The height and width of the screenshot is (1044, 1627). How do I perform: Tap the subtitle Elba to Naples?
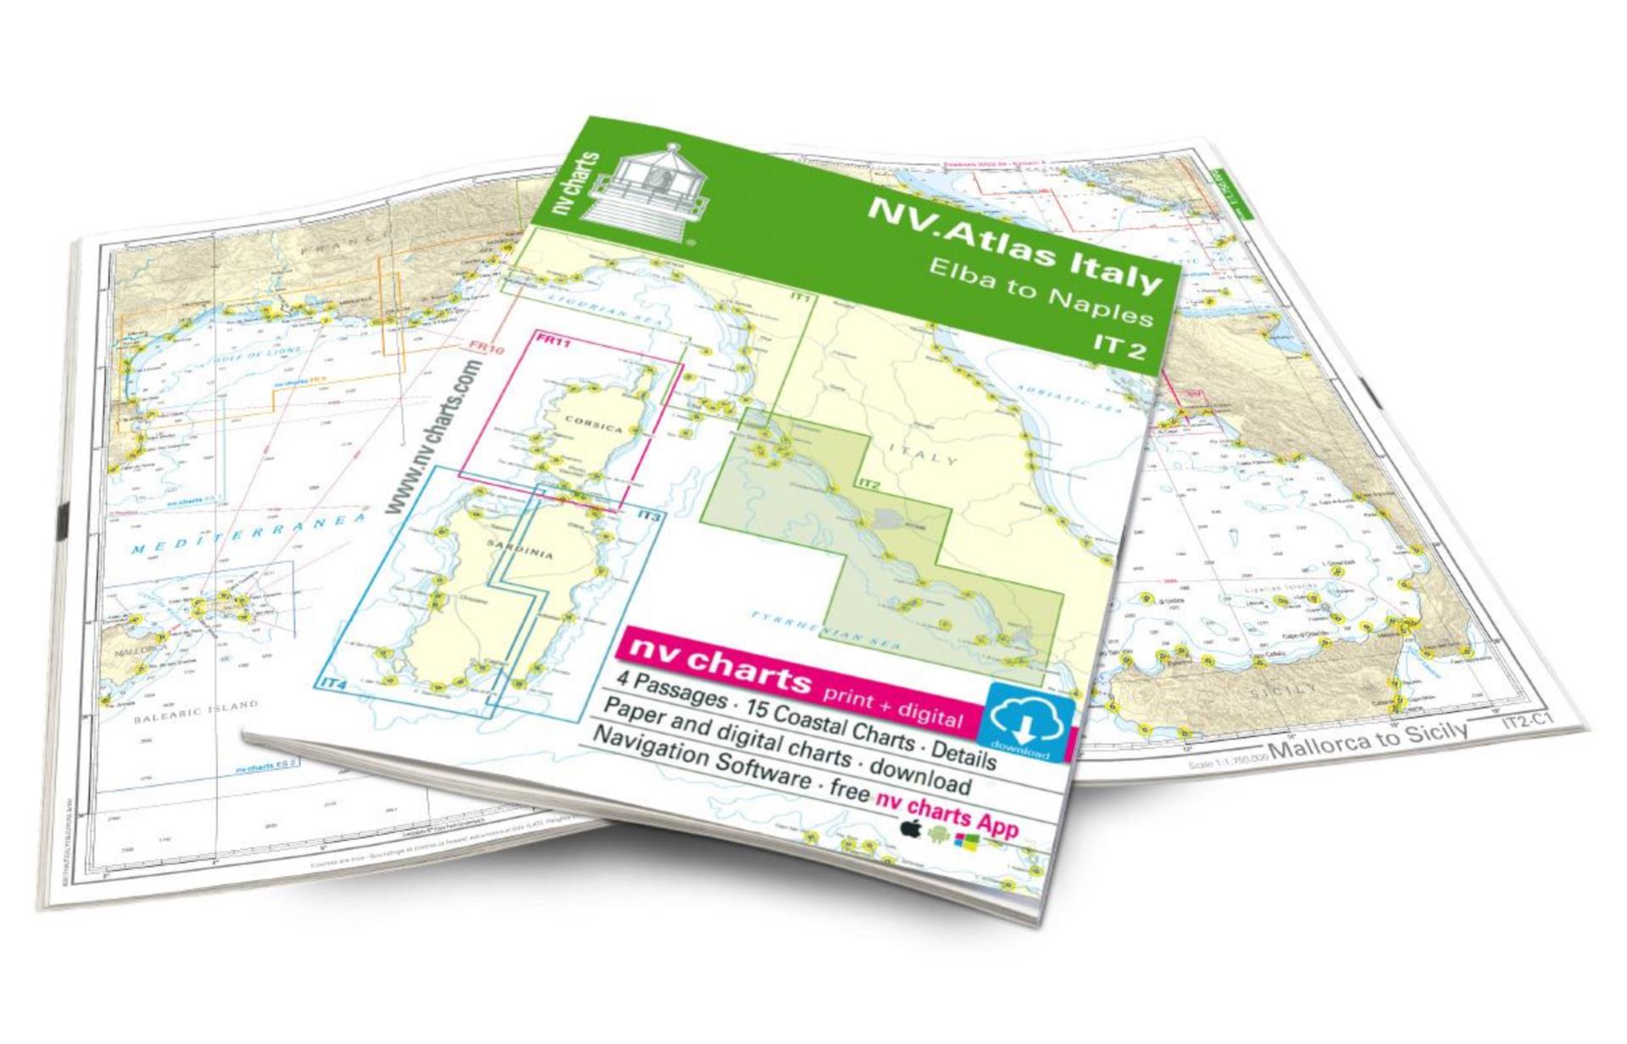[x=1041, y=293]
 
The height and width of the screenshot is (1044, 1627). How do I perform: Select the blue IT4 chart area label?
[x=335, y=682]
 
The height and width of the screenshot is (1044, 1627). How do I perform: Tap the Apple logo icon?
[x=911, y=828]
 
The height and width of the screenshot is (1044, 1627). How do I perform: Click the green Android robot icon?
[x=938, y=835]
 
